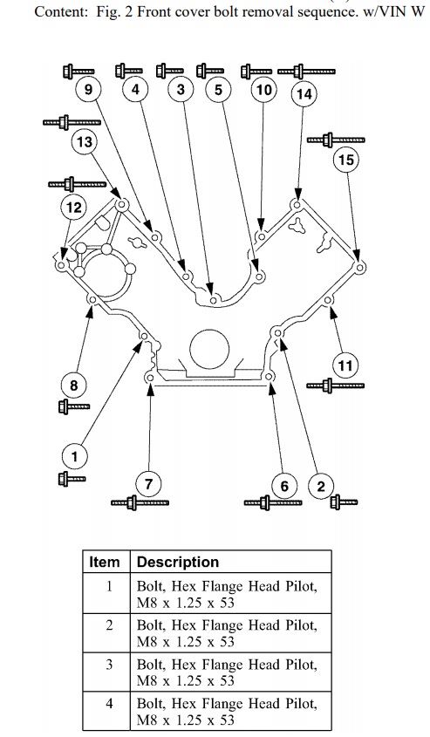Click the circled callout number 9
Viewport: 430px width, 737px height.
[x=89, y=89]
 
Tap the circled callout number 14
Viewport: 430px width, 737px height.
[x=304, y=94]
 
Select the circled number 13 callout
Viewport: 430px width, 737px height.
[x=84, y=141]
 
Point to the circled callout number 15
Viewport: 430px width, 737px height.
[x=346, y=160]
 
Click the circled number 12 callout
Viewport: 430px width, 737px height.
[x=74, y=208]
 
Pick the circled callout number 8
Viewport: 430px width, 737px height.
[x=74, y=386]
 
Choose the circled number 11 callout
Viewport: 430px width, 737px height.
[x=345, y=365]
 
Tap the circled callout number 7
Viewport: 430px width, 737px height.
[x=148, y=484]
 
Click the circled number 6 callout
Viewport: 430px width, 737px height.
[x=284, y=486]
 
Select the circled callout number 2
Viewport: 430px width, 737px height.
[x=321, y=486]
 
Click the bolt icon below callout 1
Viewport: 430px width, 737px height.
[x=72, y=479]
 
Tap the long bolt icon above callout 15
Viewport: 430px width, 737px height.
[x=336, y=140]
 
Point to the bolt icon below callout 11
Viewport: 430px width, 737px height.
[x=335, y=386]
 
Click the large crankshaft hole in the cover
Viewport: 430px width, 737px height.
[x=209, y=348]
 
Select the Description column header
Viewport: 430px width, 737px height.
[x=178, y=563]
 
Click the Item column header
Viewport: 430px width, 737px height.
[x=105, y=563]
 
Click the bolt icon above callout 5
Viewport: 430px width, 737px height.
[x=210, y=72]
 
